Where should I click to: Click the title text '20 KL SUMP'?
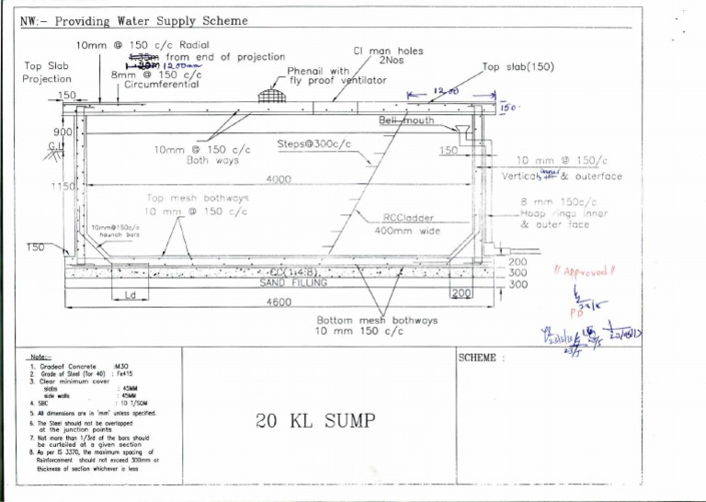[x=316, y=420]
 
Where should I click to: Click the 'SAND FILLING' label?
[x=293, y=283]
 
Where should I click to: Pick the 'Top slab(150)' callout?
[x=517, y=68]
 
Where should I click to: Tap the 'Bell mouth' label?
[x=406, y=120]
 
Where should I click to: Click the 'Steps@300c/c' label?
[x=313, y=144]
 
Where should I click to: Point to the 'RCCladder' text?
[x=408, y=218]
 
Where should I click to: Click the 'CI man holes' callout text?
[x=388, y=51]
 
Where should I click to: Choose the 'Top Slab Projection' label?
[x=47, y=72]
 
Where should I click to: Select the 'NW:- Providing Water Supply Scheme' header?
[x=134, y=20]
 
